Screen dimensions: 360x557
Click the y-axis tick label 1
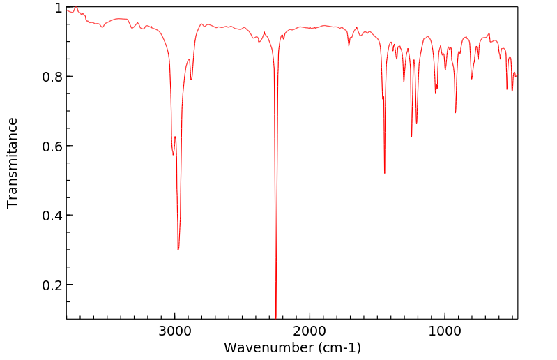point(59,8)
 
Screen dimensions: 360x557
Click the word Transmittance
point(13,163)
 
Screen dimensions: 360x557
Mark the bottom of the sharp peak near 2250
point(276,317)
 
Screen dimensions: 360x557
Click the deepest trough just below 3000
point(178,250)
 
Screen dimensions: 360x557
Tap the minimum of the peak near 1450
point(385,173)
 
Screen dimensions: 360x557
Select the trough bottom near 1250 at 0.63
point(411,136)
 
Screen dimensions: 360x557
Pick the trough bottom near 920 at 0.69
point(455,113)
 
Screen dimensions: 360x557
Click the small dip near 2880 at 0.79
point(191,79)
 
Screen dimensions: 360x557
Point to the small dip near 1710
point(349,46)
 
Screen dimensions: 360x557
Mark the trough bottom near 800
point(472,79)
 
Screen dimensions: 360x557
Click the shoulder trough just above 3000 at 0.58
point(173,154)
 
